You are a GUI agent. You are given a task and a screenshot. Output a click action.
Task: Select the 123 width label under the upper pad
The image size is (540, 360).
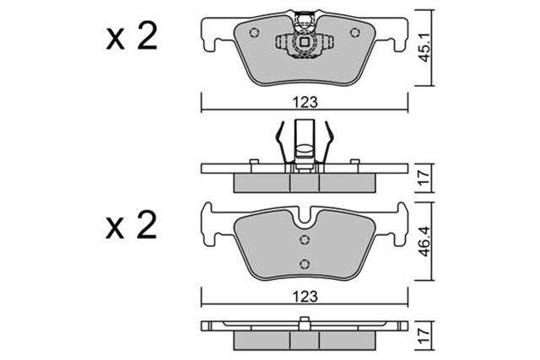pos(305,102)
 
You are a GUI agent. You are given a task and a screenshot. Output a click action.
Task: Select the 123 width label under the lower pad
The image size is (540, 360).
pos(305,296)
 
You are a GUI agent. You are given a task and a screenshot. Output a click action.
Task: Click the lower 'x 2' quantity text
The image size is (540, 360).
pos(132,226)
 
